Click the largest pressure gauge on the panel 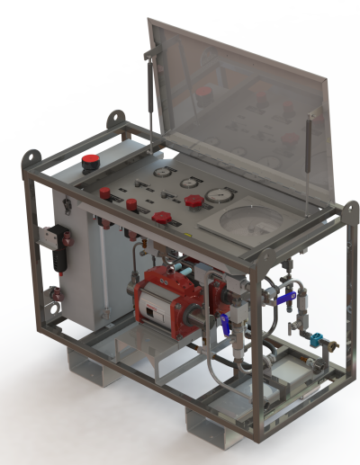217,194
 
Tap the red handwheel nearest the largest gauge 193,201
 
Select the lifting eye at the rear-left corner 114,118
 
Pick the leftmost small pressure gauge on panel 161,171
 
